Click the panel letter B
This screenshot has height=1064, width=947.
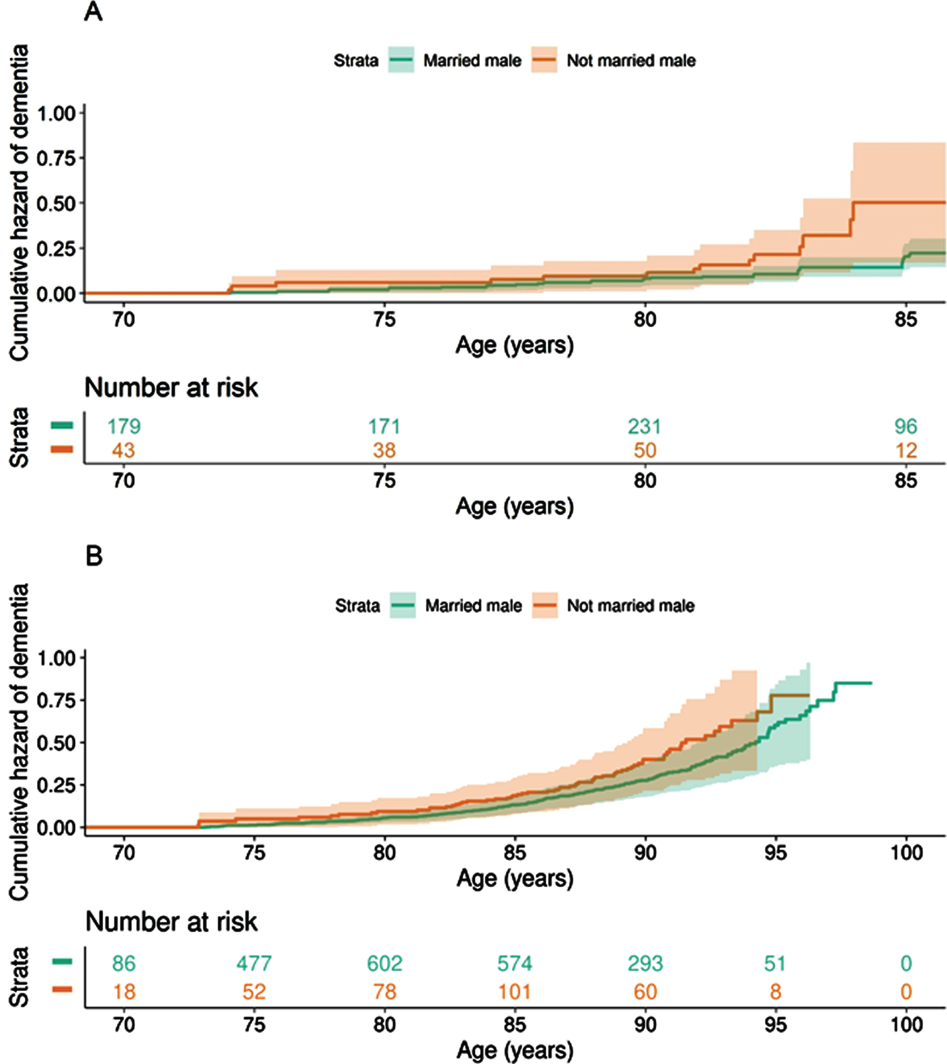94,556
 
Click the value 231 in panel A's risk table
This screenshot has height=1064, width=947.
645,427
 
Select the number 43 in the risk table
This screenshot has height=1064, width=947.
123,450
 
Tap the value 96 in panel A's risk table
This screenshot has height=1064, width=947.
906,427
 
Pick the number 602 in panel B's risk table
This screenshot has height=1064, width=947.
385,963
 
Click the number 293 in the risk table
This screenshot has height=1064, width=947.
645,963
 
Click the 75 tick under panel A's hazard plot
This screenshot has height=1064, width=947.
385,319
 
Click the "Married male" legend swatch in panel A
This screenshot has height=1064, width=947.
401,60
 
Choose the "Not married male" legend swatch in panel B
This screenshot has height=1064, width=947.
545,605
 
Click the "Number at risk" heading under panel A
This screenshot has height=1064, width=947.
171,388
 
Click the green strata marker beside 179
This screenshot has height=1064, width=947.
62,426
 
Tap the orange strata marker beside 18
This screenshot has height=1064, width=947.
62,989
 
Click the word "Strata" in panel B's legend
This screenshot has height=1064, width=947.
357,606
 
